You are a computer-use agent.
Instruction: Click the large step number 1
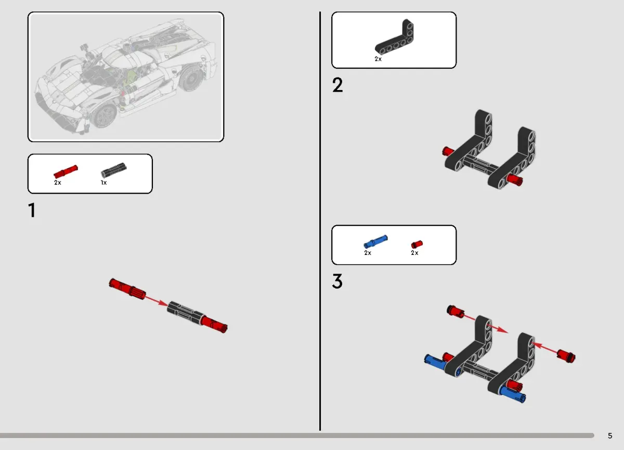tap(32, 210)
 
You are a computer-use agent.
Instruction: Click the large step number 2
tap(337, 85)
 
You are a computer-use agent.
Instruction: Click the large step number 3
tap(337, 281)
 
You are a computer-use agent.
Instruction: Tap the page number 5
tap(610, 436)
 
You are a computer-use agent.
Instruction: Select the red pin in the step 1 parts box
tap(66, 172)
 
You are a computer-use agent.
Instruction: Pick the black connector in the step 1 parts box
tap(114, 170)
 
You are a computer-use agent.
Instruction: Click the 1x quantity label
tap(103, 183)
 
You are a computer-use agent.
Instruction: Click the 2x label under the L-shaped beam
tap(378, 59)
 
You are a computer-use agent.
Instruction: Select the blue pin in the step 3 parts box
tap(375, 241)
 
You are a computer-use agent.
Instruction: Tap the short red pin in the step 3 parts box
tap(417, 245)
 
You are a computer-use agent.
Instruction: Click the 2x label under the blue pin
tap(368, 253)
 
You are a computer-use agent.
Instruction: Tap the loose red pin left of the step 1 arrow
tap(127, 289)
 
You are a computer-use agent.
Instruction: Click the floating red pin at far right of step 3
tap(566, 356)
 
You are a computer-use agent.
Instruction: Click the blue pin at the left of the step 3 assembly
tap(436, 362)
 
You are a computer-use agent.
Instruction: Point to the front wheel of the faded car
tap(104, 115)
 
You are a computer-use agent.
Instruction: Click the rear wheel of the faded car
tap(191, 78)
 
